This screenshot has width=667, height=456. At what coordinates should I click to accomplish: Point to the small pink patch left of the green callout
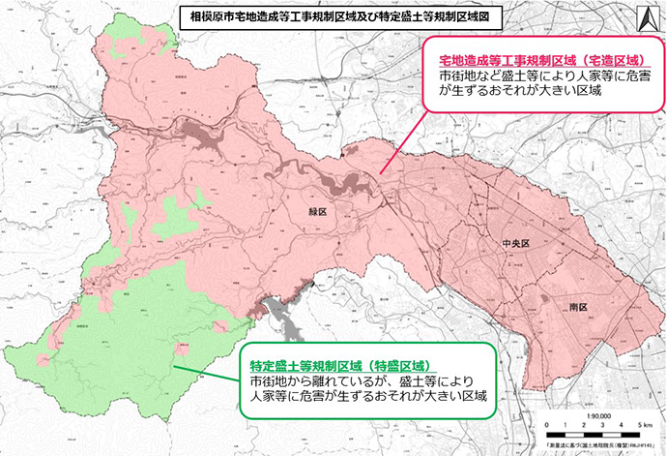pyautogui.click(x=180, y=350)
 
